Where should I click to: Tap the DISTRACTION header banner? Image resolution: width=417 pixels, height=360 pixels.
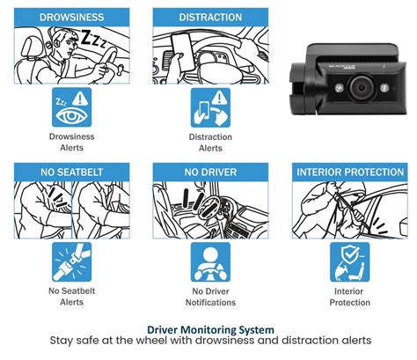(209, 17)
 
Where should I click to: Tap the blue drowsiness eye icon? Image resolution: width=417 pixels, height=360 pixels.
(71, 107)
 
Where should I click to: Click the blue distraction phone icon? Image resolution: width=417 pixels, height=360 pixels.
(209, 107)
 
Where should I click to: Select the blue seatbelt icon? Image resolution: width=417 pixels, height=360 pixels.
(71, 261)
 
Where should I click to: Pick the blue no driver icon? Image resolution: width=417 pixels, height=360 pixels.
(209, 261)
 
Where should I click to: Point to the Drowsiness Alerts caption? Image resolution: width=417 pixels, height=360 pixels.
(71, 143)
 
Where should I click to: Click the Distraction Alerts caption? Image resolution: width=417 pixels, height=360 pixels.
(209, 143)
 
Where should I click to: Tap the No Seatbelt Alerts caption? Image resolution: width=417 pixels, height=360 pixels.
(71, 296)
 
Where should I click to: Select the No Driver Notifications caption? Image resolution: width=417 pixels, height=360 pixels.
(209, 296)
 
